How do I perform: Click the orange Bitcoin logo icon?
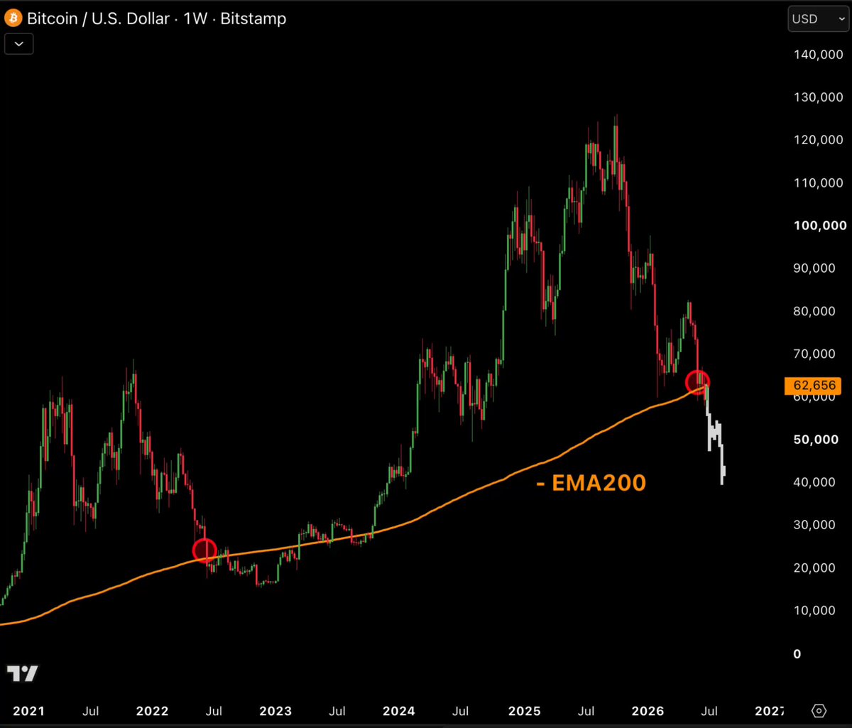pos(13,18)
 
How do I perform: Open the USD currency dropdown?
pos(818,19)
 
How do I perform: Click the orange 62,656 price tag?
pos(812,386)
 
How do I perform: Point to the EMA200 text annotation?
pos(591,483)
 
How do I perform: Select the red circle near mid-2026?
pos(687,382)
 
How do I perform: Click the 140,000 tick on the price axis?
pos(818,55)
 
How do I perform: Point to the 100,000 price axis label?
pos(820,225)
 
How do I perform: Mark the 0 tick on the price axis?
pos(797,654)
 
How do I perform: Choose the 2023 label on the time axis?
pos(275,711)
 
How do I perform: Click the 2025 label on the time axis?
pos(524,711)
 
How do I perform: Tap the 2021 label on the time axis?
pos(28,711)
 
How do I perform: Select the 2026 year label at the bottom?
pos(648,711)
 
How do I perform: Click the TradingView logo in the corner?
pos(23,673)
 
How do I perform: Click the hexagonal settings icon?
pos(819,711)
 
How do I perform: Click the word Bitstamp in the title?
pos(253,18)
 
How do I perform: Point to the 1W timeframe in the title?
pos(195,18)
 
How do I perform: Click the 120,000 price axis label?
pos(818,140)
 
